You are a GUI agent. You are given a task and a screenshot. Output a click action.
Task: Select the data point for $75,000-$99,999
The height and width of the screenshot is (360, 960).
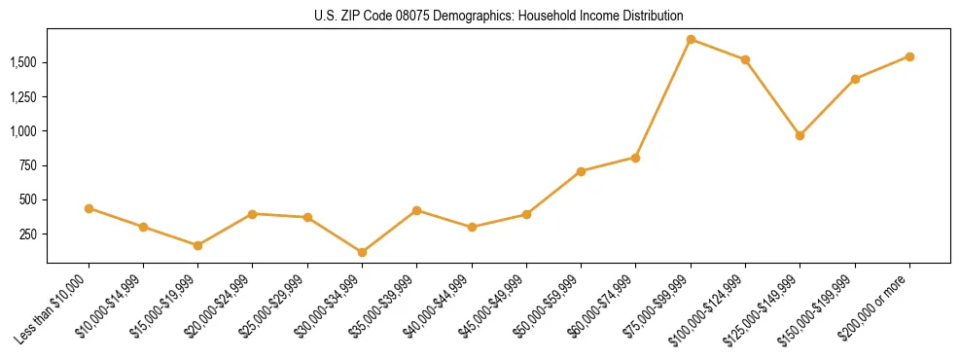point(691,40)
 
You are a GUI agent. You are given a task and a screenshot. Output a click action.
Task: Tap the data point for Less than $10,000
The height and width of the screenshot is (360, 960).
point(89,208)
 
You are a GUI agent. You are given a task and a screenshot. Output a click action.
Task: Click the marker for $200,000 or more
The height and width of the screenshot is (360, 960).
point(909,56)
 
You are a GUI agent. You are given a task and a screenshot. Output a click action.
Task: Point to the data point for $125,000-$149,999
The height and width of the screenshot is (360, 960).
point(800,135)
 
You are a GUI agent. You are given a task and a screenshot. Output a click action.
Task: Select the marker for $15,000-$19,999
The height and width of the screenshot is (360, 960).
point(198,245)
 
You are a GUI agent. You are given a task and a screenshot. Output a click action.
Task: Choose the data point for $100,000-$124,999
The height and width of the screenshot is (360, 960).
point(745,59)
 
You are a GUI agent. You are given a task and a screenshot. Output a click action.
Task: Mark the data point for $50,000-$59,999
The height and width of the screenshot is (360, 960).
point(581,171)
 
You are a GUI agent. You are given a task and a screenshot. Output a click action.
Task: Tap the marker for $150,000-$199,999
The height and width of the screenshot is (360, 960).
point(855,79)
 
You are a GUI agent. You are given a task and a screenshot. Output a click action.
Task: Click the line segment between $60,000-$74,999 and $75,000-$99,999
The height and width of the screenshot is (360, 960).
point(663,98)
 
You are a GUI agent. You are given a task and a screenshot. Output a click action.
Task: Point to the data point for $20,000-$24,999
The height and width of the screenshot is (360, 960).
point(253,214)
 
